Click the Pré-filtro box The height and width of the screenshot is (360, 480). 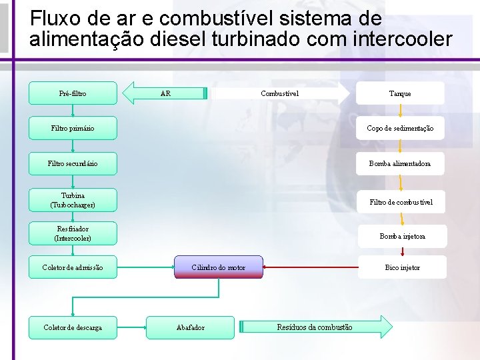73,93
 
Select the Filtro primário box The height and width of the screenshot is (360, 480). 73,128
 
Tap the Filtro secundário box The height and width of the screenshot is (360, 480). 73,163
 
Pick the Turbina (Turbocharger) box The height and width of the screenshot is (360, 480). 73,200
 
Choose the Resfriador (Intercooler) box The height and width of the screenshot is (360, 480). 73,233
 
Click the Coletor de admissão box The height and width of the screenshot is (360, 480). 73,267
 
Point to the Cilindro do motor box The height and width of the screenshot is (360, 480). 219,267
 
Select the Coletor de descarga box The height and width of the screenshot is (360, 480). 73,327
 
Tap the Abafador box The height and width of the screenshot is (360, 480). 191,327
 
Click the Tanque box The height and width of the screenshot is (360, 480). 400,93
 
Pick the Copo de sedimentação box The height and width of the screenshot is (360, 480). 400,128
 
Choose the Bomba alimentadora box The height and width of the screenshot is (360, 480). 400,163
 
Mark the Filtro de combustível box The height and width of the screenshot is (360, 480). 401,201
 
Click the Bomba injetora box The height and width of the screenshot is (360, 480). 402,236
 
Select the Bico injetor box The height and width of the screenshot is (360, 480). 402,267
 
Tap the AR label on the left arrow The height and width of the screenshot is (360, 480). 165,93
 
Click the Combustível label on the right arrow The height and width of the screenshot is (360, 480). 279,93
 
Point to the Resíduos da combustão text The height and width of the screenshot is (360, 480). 315,327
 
